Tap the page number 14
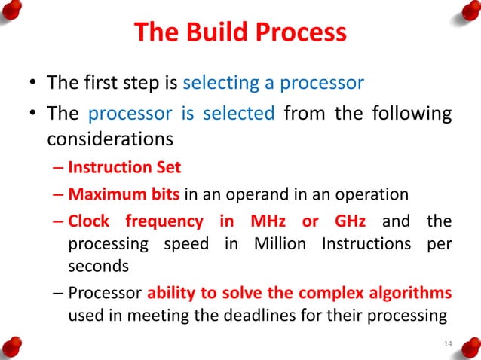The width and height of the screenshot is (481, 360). (448, 344)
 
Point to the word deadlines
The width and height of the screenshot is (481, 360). (237, 316)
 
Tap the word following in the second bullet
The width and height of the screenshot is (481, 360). (409, 114)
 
